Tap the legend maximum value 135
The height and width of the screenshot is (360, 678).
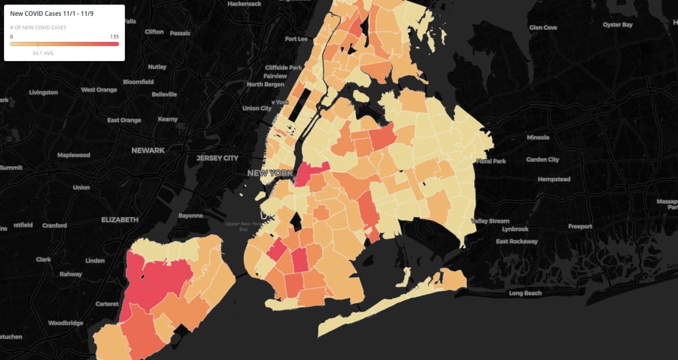click(114, 36)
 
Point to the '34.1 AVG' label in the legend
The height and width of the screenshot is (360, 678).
click(43, 53)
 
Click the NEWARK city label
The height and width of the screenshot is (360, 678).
click(148, 150)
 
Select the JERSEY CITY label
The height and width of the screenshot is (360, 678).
click(218, 158)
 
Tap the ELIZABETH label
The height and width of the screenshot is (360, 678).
click(119, 219)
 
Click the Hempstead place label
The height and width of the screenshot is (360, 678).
click(554, 179)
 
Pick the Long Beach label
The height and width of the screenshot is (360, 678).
click(525, 293)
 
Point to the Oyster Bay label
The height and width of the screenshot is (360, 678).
click(618, 25)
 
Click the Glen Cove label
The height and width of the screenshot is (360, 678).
click(543, 28)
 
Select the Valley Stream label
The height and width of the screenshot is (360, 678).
click(490, 221)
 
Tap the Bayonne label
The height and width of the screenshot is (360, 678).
click(190, 216)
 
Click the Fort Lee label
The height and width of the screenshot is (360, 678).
click(296, 39)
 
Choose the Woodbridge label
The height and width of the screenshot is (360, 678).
click(66, 323)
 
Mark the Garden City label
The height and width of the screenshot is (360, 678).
click(542, 160)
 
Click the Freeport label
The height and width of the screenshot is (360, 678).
click(580, 227)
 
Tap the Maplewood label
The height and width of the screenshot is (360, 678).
click(73, 155)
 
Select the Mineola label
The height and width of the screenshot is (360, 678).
click(538, 137)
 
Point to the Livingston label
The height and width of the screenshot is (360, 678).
click(44, 92)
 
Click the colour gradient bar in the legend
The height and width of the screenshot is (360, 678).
click(64, 43)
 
